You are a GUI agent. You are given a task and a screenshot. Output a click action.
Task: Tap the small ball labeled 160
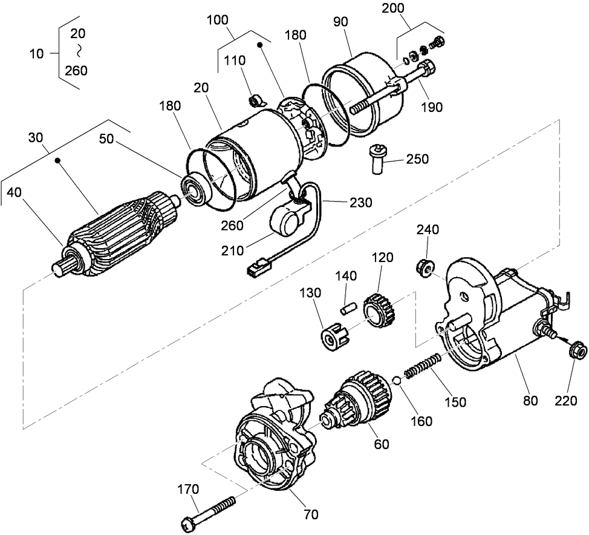click(397, 381)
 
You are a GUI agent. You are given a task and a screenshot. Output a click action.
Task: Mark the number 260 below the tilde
click(76, 70)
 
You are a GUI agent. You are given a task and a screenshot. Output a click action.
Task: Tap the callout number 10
click(36, 53)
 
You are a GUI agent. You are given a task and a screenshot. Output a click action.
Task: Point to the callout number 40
click(15, 192)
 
